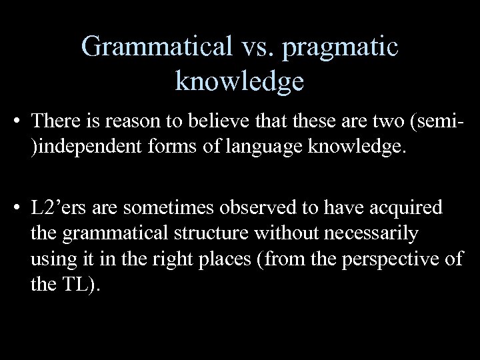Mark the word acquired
coord(407,209)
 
